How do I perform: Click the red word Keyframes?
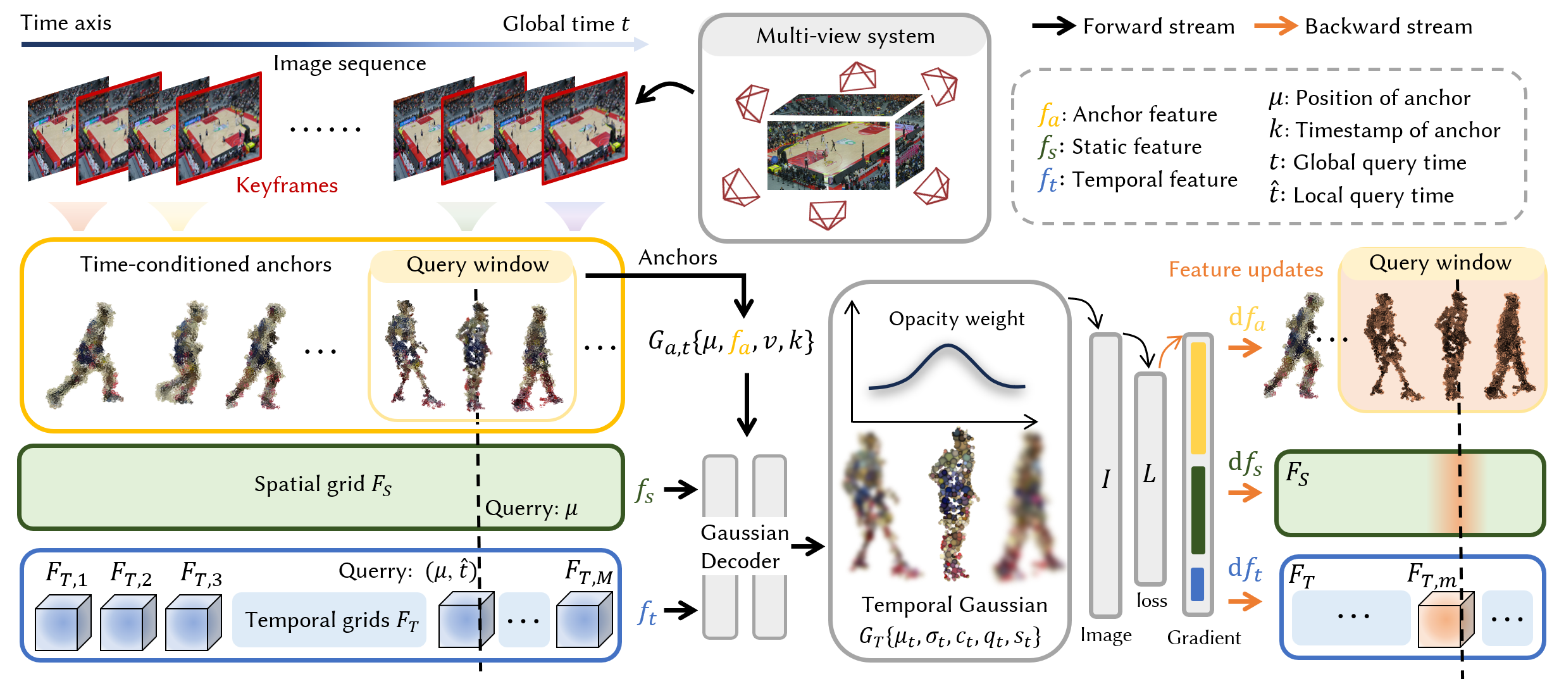coord(287,185)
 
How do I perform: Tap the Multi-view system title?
coord(845,36)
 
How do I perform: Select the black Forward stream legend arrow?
coord(1053,26)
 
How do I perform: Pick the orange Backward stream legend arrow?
coord(1275,26)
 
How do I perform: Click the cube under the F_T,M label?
coord(583,620)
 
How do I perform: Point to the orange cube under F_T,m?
coord(1444,620)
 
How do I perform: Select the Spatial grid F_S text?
coord(323,485)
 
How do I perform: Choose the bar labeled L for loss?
coord(1150,478)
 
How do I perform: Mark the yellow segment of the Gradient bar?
coord(1198,399)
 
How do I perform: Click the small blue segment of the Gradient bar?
coord(1198,584)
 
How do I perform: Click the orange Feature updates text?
coord(1245,270)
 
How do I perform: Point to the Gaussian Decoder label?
coord(744,547)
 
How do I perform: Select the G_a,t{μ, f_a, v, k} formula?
coord(730,342)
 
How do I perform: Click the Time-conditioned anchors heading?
coord(206,265)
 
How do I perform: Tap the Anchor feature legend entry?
coord(1127,115)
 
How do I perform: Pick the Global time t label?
coord(566,24)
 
